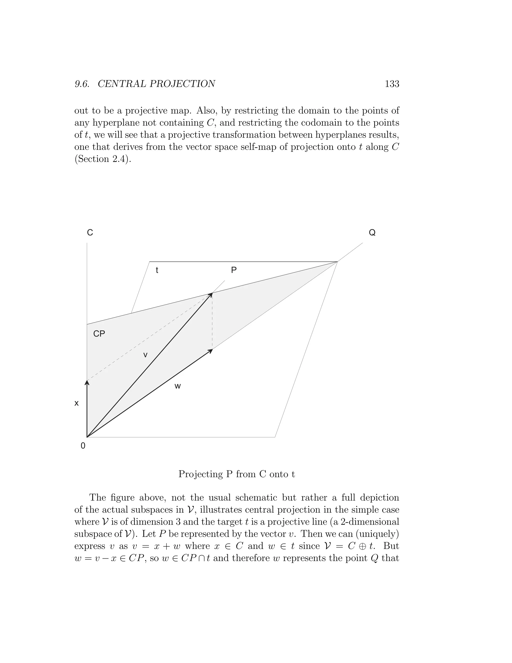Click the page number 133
coord(392,84)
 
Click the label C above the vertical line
coord(90,232)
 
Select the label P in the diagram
coord(233,270)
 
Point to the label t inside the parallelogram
coord(157,270)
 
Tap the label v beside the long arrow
coord(145,355)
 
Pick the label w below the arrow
coord(178,386)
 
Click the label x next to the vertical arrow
coord(76,403)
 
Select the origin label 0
coord(83,446)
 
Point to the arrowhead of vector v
coord(210,294)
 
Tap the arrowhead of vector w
coord(210,351)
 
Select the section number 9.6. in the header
coord(82,84)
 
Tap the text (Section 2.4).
coord(103,159)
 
